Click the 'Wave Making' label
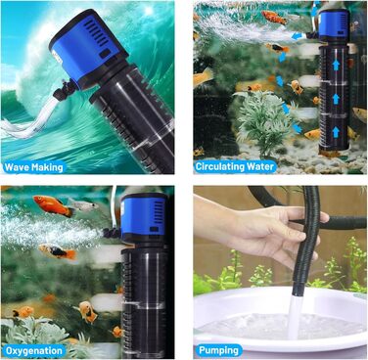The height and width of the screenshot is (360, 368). [33, 167]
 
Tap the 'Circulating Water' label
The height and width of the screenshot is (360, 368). [234, 166]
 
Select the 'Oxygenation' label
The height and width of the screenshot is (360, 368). [34, 351]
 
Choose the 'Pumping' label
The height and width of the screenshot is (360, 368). [218, 350]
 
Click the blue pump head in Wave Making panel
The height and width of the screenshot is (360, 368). [88, 46]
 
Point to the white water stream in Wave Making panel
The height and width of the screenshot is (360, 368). [27, 119]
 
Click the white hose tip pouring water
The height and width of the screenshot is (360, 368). [295, 316]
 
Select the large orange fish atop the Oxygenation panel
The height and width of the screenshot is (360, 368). [54, 205]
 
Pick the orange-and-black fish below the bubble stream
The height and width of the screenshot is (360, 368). [58, 251]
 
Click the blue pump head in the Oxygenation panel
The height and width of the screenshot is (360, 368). [144, 214]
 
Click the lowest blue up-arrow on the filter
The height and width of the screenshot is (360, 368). [336, 132]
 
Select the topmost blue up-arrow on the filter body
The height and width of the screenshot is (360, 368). [336, 64]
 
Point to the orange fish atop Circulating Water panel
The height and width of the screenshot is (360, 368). [274, 17]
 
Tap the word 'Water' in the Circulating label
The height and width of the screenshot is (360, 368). [260, 166]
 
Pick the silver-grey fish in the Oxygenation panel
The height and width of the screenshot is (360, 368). [83, 204]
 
